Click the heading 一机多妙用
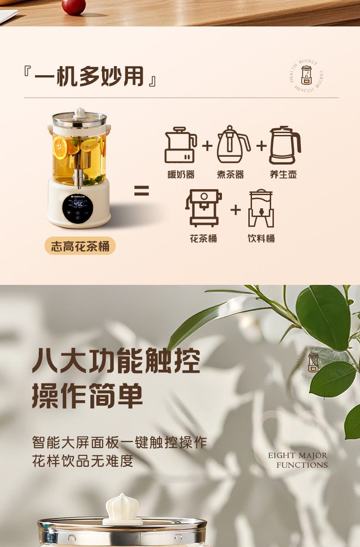tap(90, 77)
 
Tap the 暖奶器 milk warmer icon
tap(180, 145)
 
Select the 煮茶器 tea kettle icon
tap(233, 145)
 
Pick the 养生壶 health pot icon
tap(284, 145)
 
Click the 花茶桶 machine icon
tap(203, 208)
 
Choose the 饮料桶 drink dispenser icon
tap(261, 208)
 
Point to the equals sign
tap(141, 191)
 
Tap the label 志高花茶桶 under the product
tap(80, 247)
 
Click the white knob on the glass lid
tap(80, 112)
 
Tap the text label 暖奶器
tap(181, 175)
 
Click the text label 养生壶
tap(283, 175)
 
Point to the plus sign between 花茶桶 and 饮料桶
tap(235, 210)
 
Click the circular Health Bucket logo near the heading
tap(307, 74)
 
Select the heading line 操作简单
tap(87, 395)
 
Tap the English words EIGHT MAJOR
tap(298, 455)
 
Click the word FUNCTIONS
tap(302, 465)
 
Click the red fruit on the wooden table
tap(73, 6)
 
